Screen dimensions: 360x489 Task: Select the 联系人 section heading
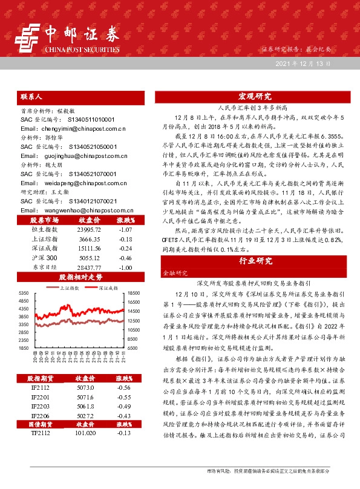point(31,96)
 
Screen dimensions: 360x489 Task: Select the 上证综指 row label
point(44,240)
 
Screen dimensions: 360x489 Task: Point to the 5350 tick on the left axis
point(25,293)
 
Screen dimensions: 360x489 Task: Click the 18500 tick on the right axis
point(133,293)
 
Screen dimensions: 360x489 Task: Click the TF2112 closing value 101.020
point(85,450)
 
